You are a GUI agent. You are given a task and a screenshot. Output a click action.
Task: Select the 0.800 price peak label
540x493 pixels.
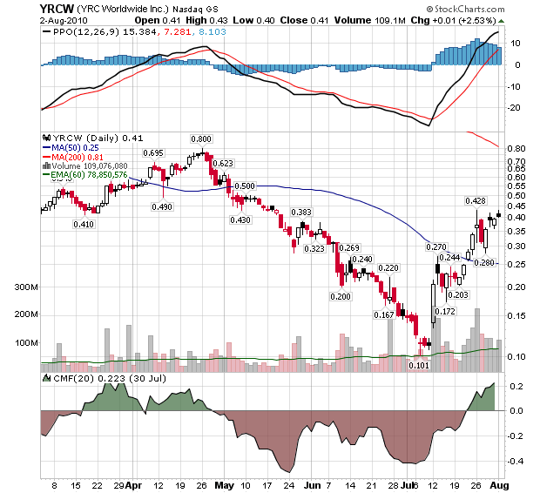tap(201, 138)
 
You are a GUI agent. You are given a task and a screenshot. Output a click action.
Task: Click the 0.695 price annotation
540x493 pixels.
tap(154, 152)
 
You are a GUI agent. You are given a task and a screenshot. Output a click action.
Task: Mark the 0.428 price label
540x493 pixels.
tap(475, 201)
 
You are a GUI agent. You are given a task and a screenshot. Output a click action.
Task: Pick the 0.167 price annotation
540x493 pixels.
tap(383, 314)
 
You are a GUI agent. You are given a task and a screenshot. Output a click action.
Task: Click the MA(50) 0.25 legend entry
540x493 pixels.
tap(75, 147)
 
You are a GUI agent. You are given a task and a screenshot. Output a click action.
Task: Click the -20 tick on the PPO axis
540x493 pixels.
tap(516, 107)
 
